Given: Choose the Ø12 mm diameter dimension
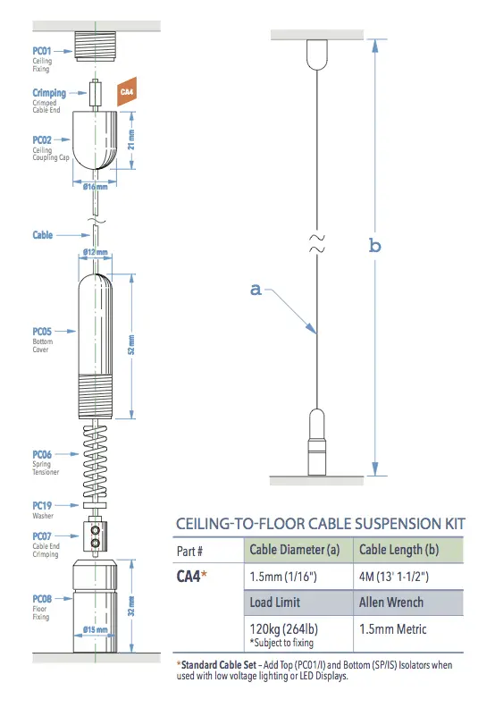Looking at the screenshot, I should [95, 253].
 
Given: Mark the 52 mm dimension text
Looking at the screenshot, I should [131, 345].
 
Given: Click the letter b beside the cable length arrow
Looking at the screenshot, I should [375, 246].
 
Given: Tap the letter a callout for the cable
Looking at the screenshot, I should [256, 289].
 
